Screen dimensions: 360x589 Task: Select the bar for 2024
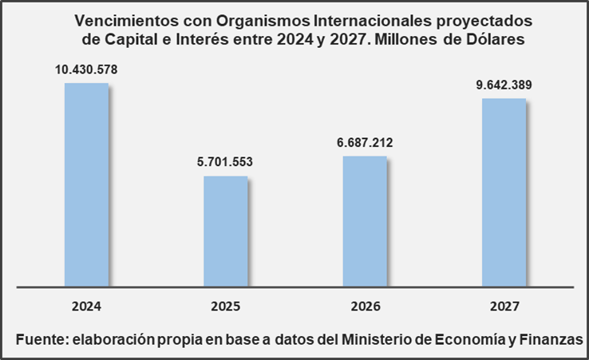click(x=86, y=184)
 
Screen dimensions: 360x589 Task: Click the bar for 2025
click(x=225, y=230)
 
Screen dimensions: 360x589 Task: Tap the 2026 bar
click(x=365, y=220)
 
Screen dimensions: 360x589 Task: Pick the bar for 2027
click(x=504, y=192)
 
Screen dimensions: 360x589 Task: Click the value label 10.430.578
click(x=86, y=70)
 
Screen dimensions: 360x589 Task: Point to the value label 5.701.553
click(x=226, y=163)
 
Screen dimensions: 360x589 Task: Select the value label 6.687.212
click(x=365, y=143)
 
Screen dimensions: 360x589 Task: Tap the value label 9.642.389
click(x=504, y=85)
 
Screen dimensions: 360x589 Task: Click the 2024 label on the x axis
click(x=86, y=306)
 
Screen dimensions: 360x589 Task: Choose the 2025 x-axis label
click(x=226, y=306)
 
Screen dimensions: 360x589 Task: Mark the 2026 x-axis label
click(x=365, y=306)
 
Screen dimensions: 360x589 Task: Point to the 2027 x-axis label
click(x=504, y=306)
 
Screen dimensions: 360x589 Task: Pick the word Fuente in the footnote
click(x=39, y=338)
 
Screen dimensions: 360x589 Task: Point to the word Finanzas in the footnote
click(x=550, y=338)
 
